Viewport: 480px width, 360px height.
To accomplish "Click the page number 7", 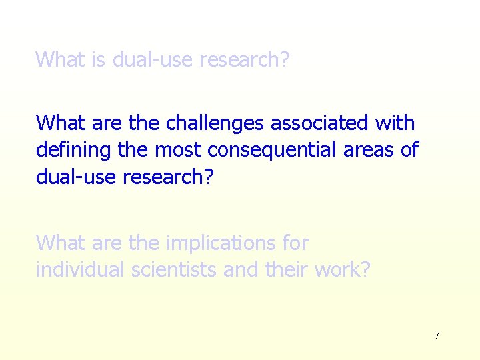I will coord(437,336).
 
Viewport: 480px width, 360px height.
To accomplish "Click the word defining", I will coord(73,150).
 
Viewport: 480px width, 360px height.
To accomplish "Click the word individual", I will coord(80,270).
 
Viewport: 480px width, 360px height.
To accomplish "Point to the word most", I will coord(179,150).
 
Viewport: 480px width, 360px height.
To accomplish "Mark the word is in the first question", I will coord(99,59).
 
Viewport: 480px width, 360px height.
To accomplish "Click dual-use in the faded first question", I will coord(151,59).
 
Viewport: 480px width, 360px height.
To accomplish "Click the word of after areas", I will coord(409,150).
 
